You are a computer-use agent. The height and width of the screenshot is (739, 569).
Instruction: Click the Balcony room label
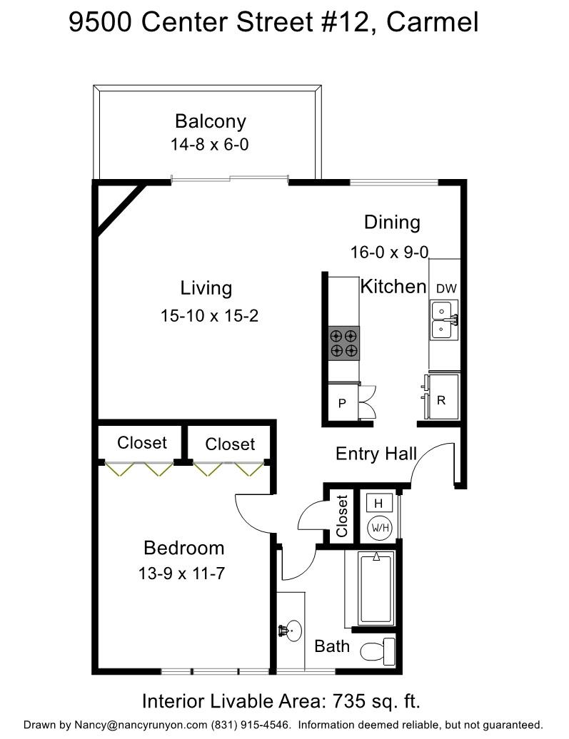coord(210,121)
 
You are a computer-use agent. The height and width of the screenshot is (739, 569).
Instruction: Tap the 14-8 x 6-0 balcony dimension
coord(209,144)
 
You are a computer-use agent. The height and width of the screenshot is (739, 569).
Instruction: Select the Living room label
coord(206,288)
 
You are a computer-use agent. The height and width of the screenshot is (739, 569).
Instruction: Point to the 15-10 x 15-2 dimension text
coord(209,315)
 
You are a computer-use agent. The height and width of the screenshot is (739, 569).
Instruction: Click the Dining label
coord(392,222)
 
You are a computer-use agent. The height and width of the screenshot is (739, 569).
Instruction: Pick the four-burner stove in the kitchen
coord(343,342)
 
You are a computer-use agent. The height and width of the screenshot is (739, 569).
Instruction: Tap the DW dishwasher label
coord(446,288)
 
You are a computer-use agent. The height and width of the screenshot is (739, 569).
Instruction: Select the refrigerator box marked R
coord(441,400)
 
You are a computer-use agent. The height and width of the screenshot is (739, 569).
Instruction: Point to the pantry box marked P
coord(342,403)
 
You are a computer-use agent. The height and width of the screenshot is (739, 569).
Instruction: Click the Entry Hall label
coord(376,454)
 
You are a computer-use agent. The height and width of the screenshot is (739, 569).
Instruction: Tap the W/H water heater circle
coord(378,529)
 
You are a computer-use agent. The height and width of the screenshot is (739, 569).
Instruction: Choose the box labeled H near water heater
coord(378,503)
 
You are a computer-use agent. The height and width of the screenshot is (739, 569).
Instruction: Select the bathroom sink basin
coord(291,631)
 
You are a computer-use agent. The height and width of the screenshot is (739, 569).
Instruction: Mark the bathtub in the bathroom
coord(376,588)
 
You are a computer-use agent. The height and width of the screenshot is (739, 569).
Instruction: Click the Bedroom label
coord(183,548)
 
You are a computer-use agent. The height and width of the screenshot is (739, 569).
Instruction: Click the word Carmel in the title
coord(433,23)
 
